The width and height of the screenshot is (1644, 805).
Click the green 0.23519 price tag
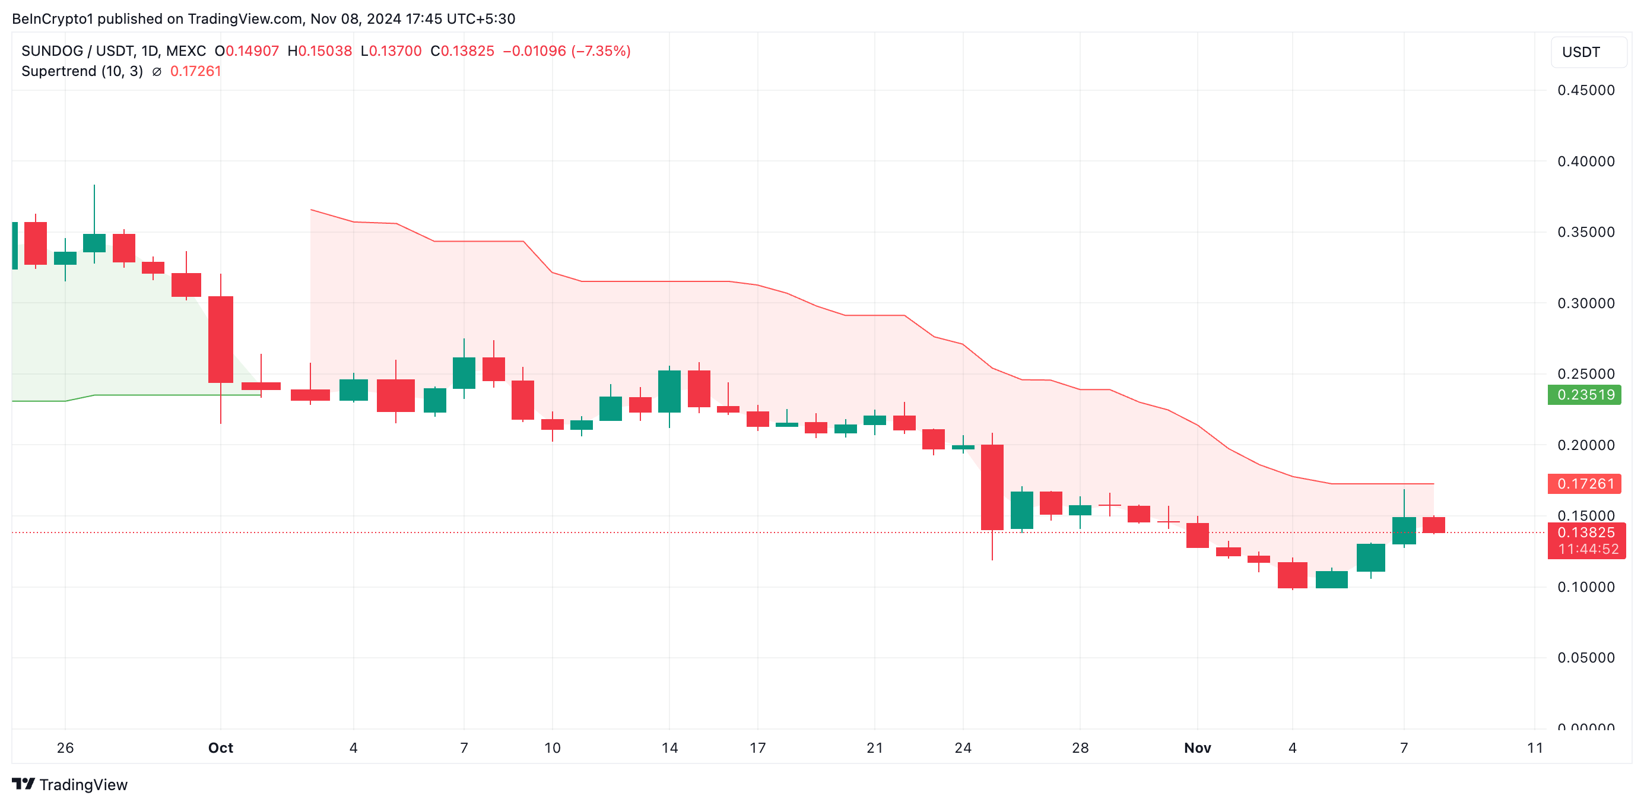tap(1585, 395)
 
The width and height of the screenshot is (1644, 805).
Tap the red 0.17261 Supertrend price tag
tap(1585, 484)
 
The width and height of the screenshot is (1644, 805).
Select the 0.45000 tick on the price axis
tap(1585, 90)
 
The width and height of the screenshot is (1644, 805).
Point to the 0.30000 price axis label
tap(1585, 303)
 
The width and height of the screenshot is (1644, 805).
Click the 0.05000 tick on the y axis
tap(1585, 658)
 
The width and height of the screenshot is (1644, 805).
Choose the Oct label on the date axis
tap(220, 747)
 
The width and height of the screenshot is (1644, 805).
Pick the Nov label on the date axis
tap(1196, 747)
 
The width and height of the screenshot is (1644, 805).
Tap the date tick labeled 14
tap(669, 747)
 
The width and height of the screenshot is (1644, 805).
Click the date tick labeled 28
tap(1080, 747)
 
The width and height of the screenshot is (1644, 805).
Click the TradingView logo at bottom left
tap(69, 785)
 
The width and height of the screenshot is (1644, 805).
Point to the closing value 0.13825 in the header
tap(468, 51)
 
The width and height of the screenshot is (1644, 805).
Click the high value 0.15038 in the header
tap(325, 51)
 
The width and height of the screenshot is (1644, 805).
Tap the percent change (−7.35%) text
tap(601, 51)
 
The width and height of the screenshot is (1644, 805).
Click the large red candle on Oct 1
tap(221, 339)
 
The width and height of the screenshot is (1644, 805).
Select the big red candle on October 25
tap(992, 486)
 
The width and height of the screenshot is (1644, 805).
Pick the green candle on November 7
tap(1404, 530)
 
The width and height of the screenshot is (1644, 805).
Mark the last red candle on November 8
tap(1433, 525)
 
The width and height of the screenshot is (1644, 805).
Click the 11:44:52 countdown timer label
tap(1588, 549)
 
